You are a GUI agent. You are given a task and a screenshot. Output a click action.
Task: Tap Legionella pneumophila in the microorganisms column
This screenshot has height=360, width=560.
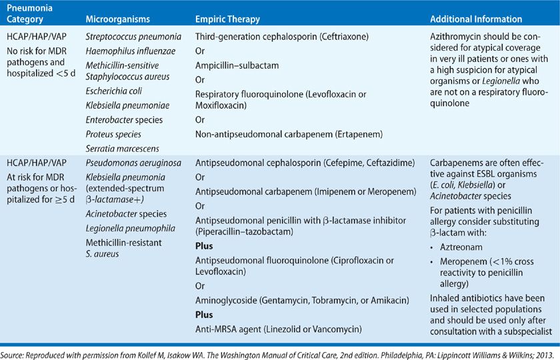coord(129,228)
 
